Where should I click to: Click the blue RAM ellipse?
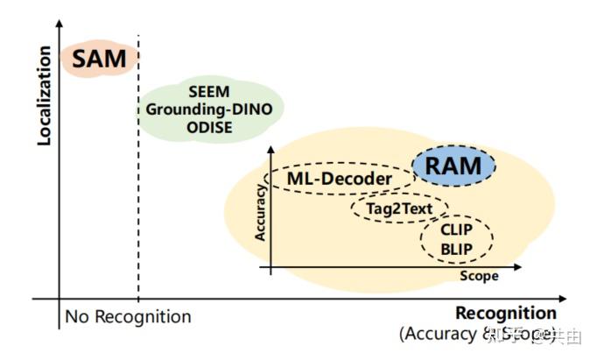click(453, 165)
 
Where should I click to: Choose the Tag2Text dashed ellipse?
click(399, 208)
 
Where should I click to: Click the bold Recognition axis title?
click(505, 314)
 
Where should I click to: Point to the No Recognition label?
click(127, 316)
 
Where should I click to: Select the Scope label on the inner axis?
click(478, 276)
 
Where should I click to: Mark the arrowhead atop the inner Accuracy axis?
click(273, 151)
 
